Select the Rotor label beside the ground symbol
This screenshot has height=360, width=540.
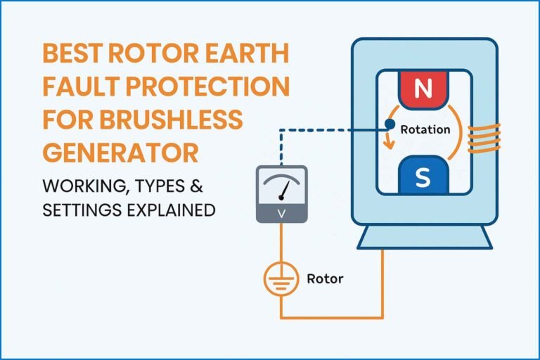coord(325,278)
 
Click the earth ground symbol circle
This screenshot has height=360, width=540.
coord(281,279)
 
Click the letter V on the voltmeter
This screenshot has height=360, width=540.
coord(281,212)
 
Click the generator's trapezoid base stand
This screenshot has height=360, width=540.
coord(422,237)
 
